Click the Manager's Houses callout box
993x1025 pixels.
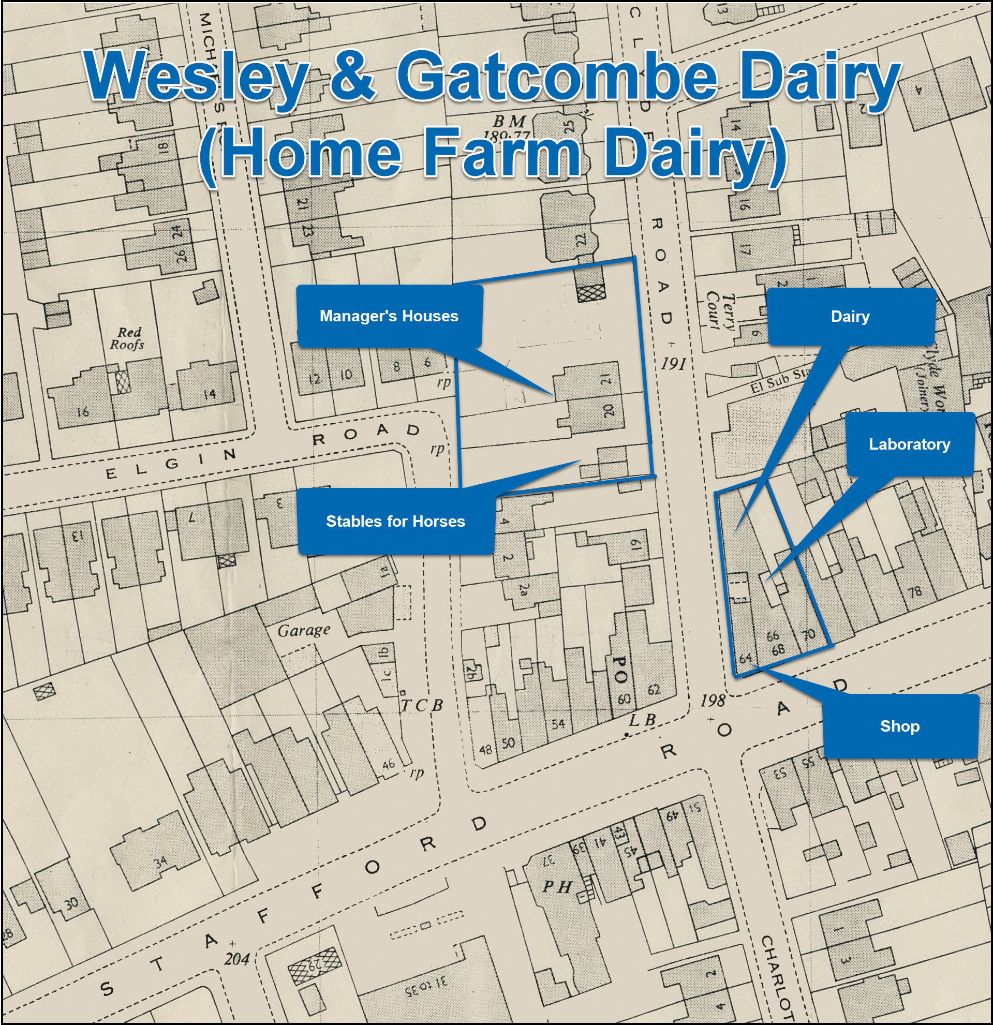389,316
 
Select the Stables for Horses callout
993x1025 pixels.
395,521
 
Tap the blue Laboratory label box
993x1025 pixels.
909,444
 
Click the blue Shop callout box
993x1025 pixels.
899,726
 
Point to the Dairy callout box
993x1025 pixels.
850,316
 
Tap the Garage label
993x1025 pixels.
304,631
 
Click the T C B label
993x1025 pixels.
422,705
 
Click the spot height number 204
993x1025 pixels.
237,958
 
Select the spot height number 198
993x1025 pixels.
712,700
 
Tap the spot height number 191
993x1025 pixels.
673,363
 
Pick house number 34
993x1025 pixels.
160,861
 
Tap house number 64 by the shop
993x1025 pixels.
745,658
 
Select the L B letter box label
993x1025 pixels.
642,720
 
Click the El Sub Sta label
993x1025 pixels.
780,380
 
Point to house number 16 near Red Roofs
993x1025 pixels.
83,412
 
